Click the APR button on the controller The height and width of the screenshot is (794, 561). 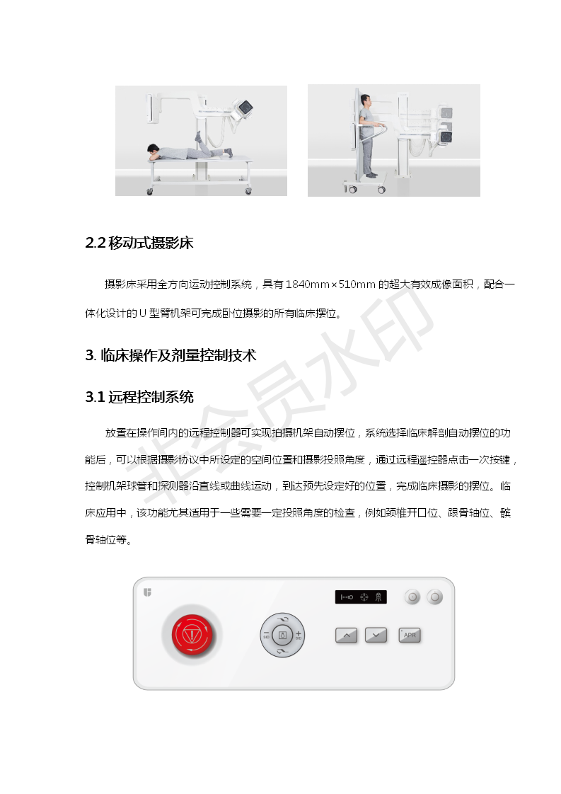[x=410, y=635]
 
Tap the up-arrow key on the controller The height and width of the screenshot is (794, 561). [x=347, y=635]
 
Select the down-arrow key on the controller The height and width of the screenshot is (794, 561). [x=376, y=635]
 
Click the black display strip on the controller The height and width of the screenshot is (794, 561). [x=361, y=597]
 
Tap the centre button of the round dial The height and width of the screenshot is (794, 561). [x=282, y=635]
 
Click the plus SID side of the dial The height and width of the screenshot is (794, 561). [x=299, y=635]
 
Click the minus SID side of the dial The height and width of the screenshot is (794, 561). [x=266, y=635]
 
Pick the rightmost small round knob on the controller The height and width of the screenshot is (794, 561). [x=434, y=597]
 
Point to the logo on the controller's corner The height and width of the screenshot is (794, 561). [x=147, y=592]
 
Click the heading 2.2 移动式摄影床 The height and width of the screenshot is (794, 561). [x=139, y=243]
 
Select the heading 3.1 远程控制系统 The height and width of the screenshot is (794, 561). [x=139, y=397]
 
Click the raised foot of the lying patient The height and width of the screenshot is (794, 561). [x=198, y=135]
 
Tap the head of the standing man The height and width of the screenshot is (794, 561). [x=366, y=100]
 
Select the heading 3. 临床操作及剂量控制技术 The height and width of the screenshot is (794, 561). [x=170, y=355]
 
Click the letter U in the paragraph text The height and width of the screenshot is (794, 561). [x=142, y=313]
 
